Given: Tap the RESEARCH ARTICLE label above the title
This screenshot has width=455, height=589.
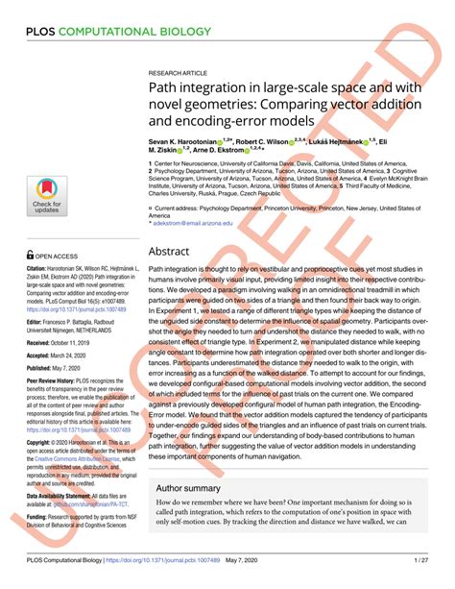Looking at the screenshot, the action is [x=180, y=75].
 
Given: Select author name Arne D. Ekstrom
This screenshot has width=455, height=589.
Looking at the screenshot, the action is [x=224, y=150].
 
